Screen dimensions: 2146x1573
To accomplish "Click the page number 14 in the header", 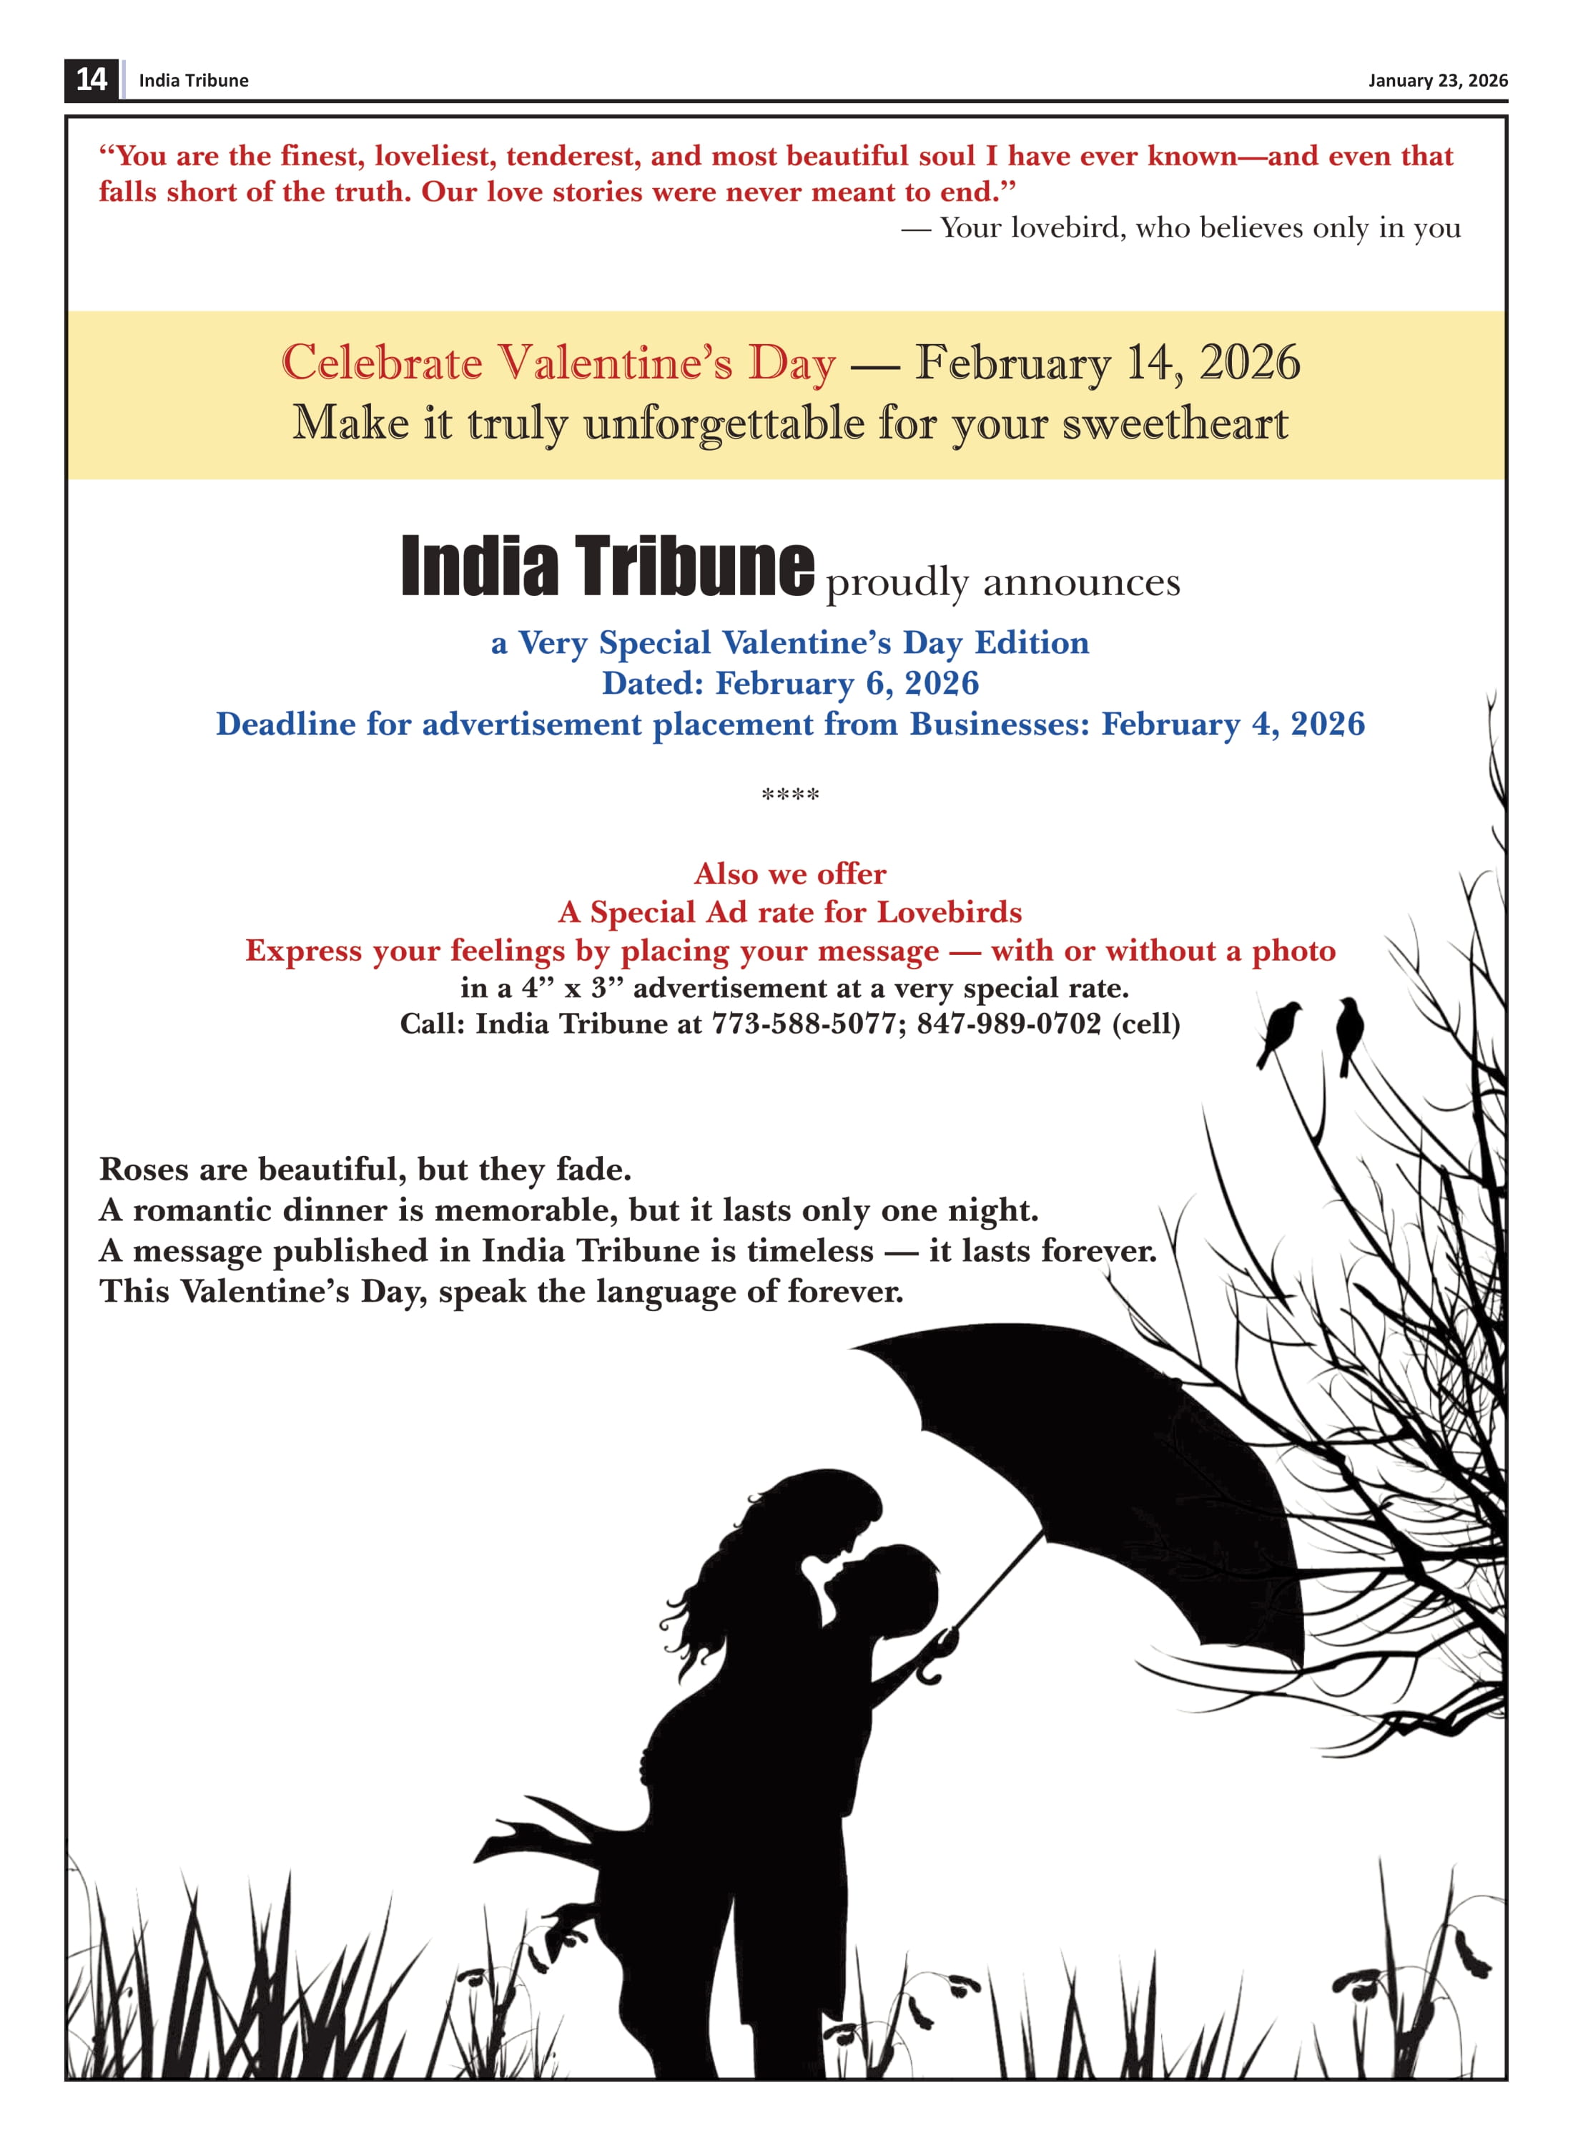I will [x=92, y=79].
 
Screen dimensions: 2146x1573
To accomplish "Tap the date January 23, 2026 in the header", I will [x=1437, y=81].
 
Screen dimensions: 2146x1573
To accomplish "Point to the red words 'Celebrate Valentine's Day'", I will [x=558, y=363].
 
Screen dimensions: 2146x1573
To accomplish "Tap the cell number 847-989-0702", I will [x=1007, y=1024].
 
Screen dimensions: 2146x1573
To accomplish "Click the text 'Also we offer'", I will [x=789, y=873].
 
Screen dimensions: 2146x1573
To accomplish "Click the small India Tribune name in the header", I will [x=193, y=81].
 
